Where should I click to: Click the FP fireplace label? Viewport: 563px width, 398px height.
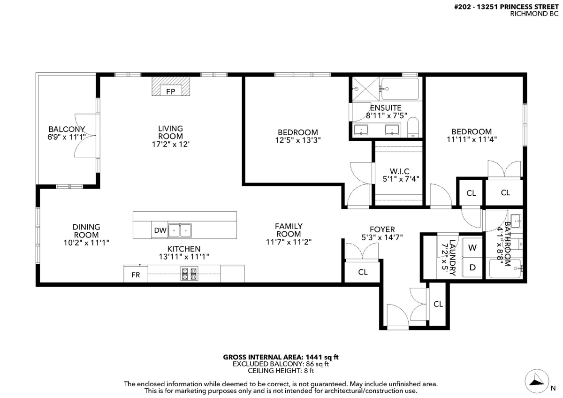[171, 92]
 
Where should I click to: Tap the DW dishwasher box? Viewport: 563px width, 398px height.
[160, 230]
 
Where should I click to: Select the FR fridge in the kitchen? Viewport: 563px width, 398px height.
[136, 275]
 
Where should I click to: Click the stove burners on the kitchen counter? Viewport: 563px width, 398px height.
[189, 274]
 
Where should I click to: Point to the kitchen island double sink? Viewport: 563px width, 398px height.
[180, 230]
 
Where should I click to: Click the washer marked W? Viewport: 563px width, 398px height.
[472, 248]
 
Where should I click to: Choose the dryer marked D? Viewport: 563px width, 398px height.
[472, 267]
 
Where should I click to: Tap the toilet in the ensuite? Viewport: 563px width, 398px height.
[413, 127]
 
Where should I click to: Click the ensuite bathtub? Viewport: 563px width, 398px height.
[400, 89]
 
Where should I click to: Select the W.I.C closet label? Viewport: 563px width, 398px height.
[400, 171]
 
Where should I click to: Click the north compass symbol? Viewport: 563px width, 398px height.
[537, 381]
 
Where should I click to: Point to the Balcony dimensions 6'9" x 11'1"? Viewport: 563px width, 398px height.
[67, 137]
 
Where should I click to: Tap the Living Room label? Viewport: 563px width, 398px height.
[170, 132]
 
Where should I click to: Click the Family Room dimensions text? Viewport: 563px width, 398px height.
[289, 242]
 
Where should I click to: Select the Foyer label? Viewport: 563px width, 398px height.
[382, 230]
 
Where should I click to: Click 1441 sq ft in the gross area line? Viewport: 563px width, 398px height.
[322, 357]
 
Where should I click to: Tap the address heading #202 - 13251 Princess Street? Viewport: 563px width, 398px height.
[506, 7]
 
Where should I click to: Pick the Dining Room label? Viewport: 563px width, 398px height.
[86, 231]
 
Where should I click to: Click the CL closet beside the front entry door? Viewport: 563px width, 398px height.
[438, 304]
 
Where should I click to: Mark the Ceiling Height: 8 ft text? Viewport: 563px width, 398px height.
[281, 371]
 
